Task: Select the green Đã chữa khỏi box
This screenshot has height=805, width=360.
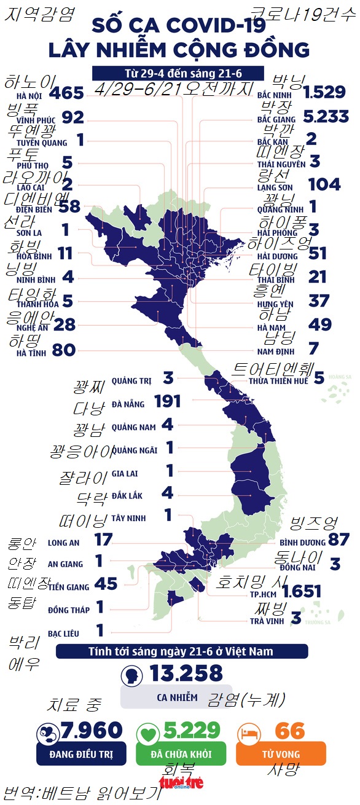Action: coord(181,753)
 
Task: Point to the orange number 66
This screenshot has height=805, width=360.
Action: coord(290,730)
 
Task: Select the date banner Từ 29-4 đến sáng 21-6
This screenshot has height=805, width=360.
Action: coord(178,73)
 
